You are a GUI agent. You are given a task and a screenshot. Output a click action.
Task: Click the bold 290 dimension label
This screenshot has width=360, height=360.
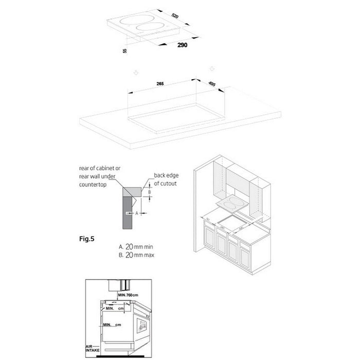tap(183, 46)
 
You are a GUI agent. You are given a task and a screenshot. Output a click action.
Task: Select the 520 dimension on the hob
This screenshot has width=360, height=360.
tap(175, 17)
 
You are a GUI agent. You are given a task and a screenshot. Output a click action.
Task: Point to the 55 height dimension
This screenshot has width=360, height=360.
tap(125, 51)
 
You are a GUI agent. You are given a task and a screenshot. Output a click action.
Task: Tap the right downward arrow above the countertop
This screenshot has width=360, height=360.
tap(211, 68)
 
